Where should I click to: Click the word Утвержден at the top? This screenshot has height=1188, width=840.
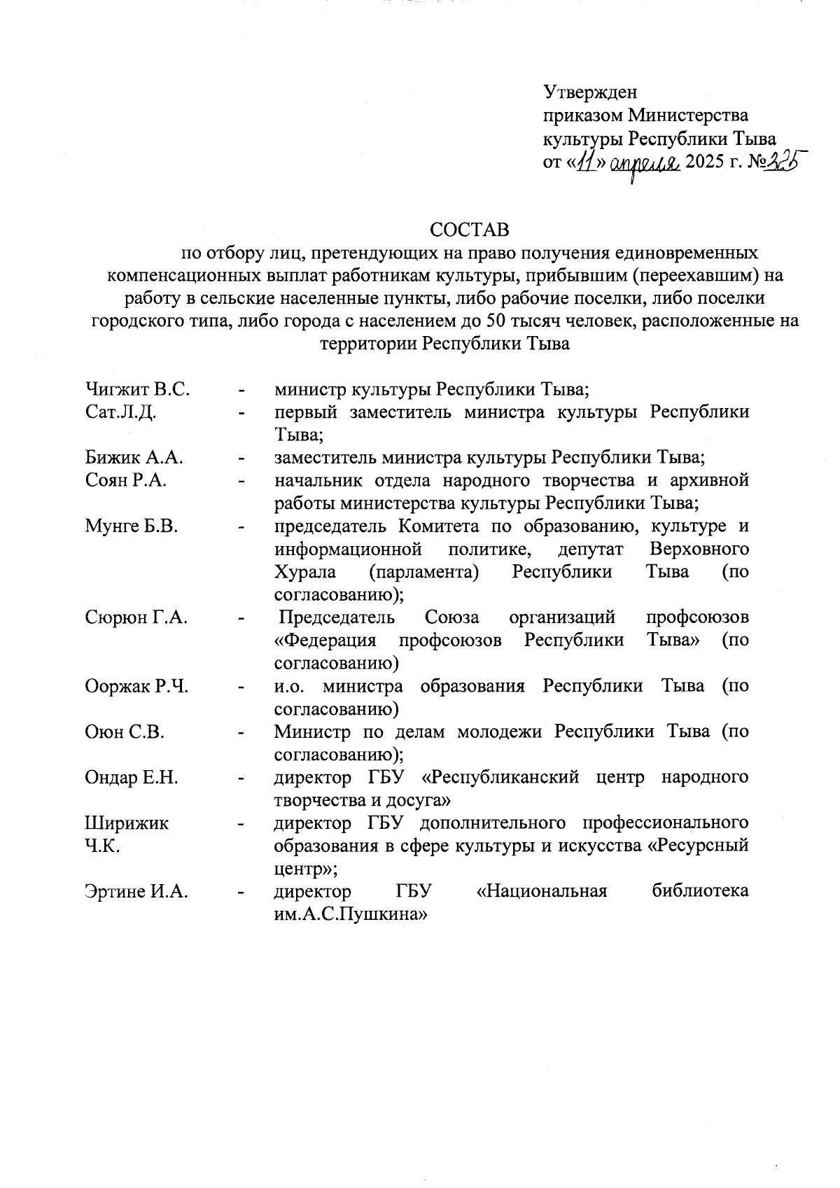click(590, 92)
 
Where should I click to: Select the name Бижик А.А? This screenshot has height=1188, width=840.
click(134, 458)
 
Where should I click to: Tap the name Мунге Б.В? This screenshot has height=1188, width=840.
click(132, 526)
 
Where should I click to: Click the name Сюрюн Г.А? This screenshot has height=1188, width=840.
click(136, 617)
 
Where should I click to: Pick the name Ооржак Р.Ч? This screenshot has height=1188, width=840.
click(136, 686)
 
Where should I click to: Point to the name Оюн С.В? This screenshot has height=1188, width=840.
click(124, 732)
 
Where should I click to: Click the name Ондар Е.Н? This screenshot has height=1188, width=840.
click(132, 778)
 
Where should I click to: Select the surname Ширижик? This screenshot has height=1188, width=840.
click(127, 823)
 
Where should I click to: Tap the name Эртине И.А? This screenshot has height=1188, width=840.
click(136, 892)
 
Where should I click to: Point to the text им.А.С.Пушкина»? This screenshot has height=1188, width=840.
click(350, 915)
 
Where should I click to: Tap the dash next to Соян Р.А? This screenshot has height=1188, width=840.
click(241, 482)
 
